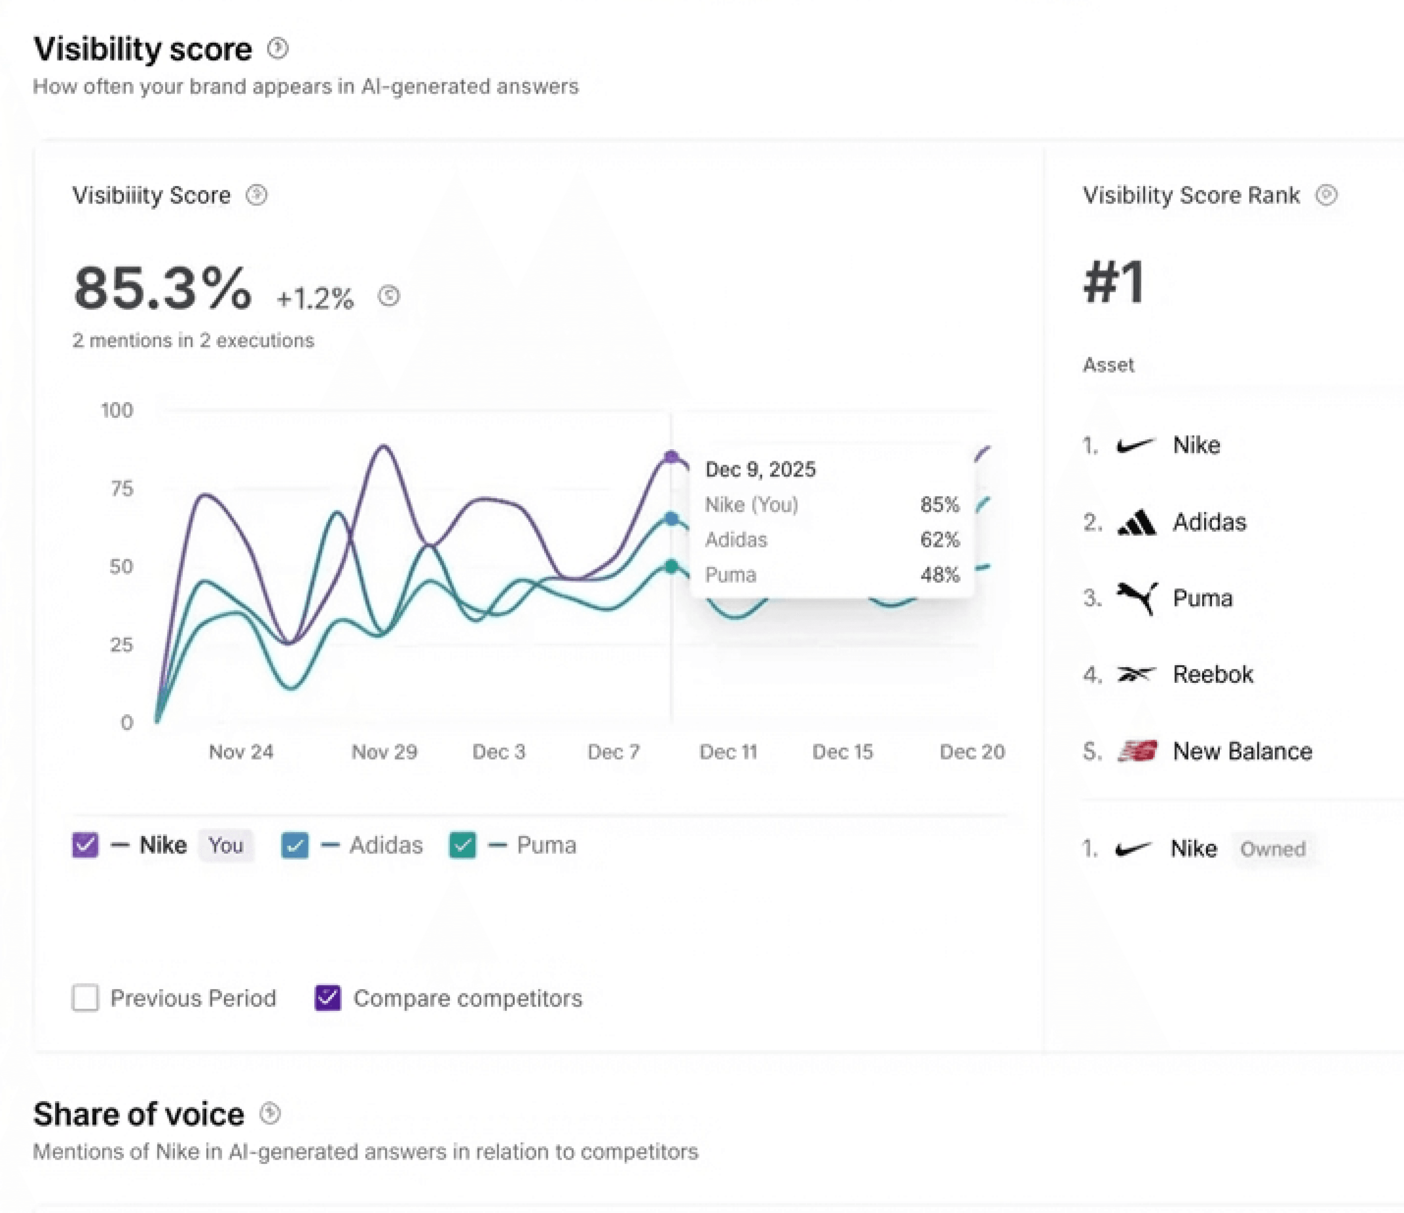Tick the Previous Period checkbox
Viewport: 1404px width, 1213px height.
pyautogui.click(x=85, y=997)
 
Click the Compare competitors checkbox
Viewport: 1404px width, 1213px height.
pyautogui.click(x=328, y=997)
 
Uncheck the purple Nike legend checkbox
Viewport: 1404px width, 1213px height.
pyautogui.click(x=85, y=845)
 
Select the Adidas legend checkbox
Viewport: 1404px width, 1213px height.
pyautogui.click(x=295, y=845)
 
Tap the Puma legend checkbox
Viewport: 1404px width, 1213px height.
pyautogui.click(x=463, y=845)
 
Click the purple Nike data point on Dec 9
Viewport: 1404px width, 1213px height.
pyautogui.click(x=671, y=457)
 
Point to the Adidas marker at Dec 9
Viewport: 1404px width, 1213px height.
pyautogui.click(x=671, y=519)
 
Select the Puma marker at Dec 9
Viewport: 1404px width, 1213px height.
pyautogui.click(x=671, y=567)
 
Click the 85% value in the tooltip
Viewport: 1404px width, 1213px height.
pyautogui.click(x=939, y=505)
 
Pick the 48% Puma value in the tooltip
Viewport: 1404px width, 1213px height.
pyautogui.click(x=939, y=575)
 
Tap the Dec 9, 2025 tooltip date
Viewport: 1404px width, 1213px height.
pyautogui.click(x=760, y=470)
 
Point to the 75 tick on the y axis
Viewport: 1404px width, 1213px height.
pyautogui.click(x=122, y=489)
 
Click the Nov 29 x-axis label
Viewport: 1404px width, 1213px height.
pyautogui.click(x=384, y=752)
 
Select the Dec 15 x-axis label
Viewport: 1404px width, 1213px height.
pyautogui.click(x=842, y=752)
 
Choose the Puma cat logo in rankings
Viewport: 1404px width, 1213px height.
pyautogui.click(x=1137, y=598)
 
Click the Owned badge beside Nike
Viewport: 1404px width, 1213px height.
pyautogui.click(x=1273, y=848)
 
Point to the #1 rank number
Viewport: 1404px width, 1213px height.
pyautogui.click(x=1114, y=282)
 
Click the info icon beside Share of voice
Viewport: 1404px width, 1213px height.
pyautogui.click(x=270, y=1113)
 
